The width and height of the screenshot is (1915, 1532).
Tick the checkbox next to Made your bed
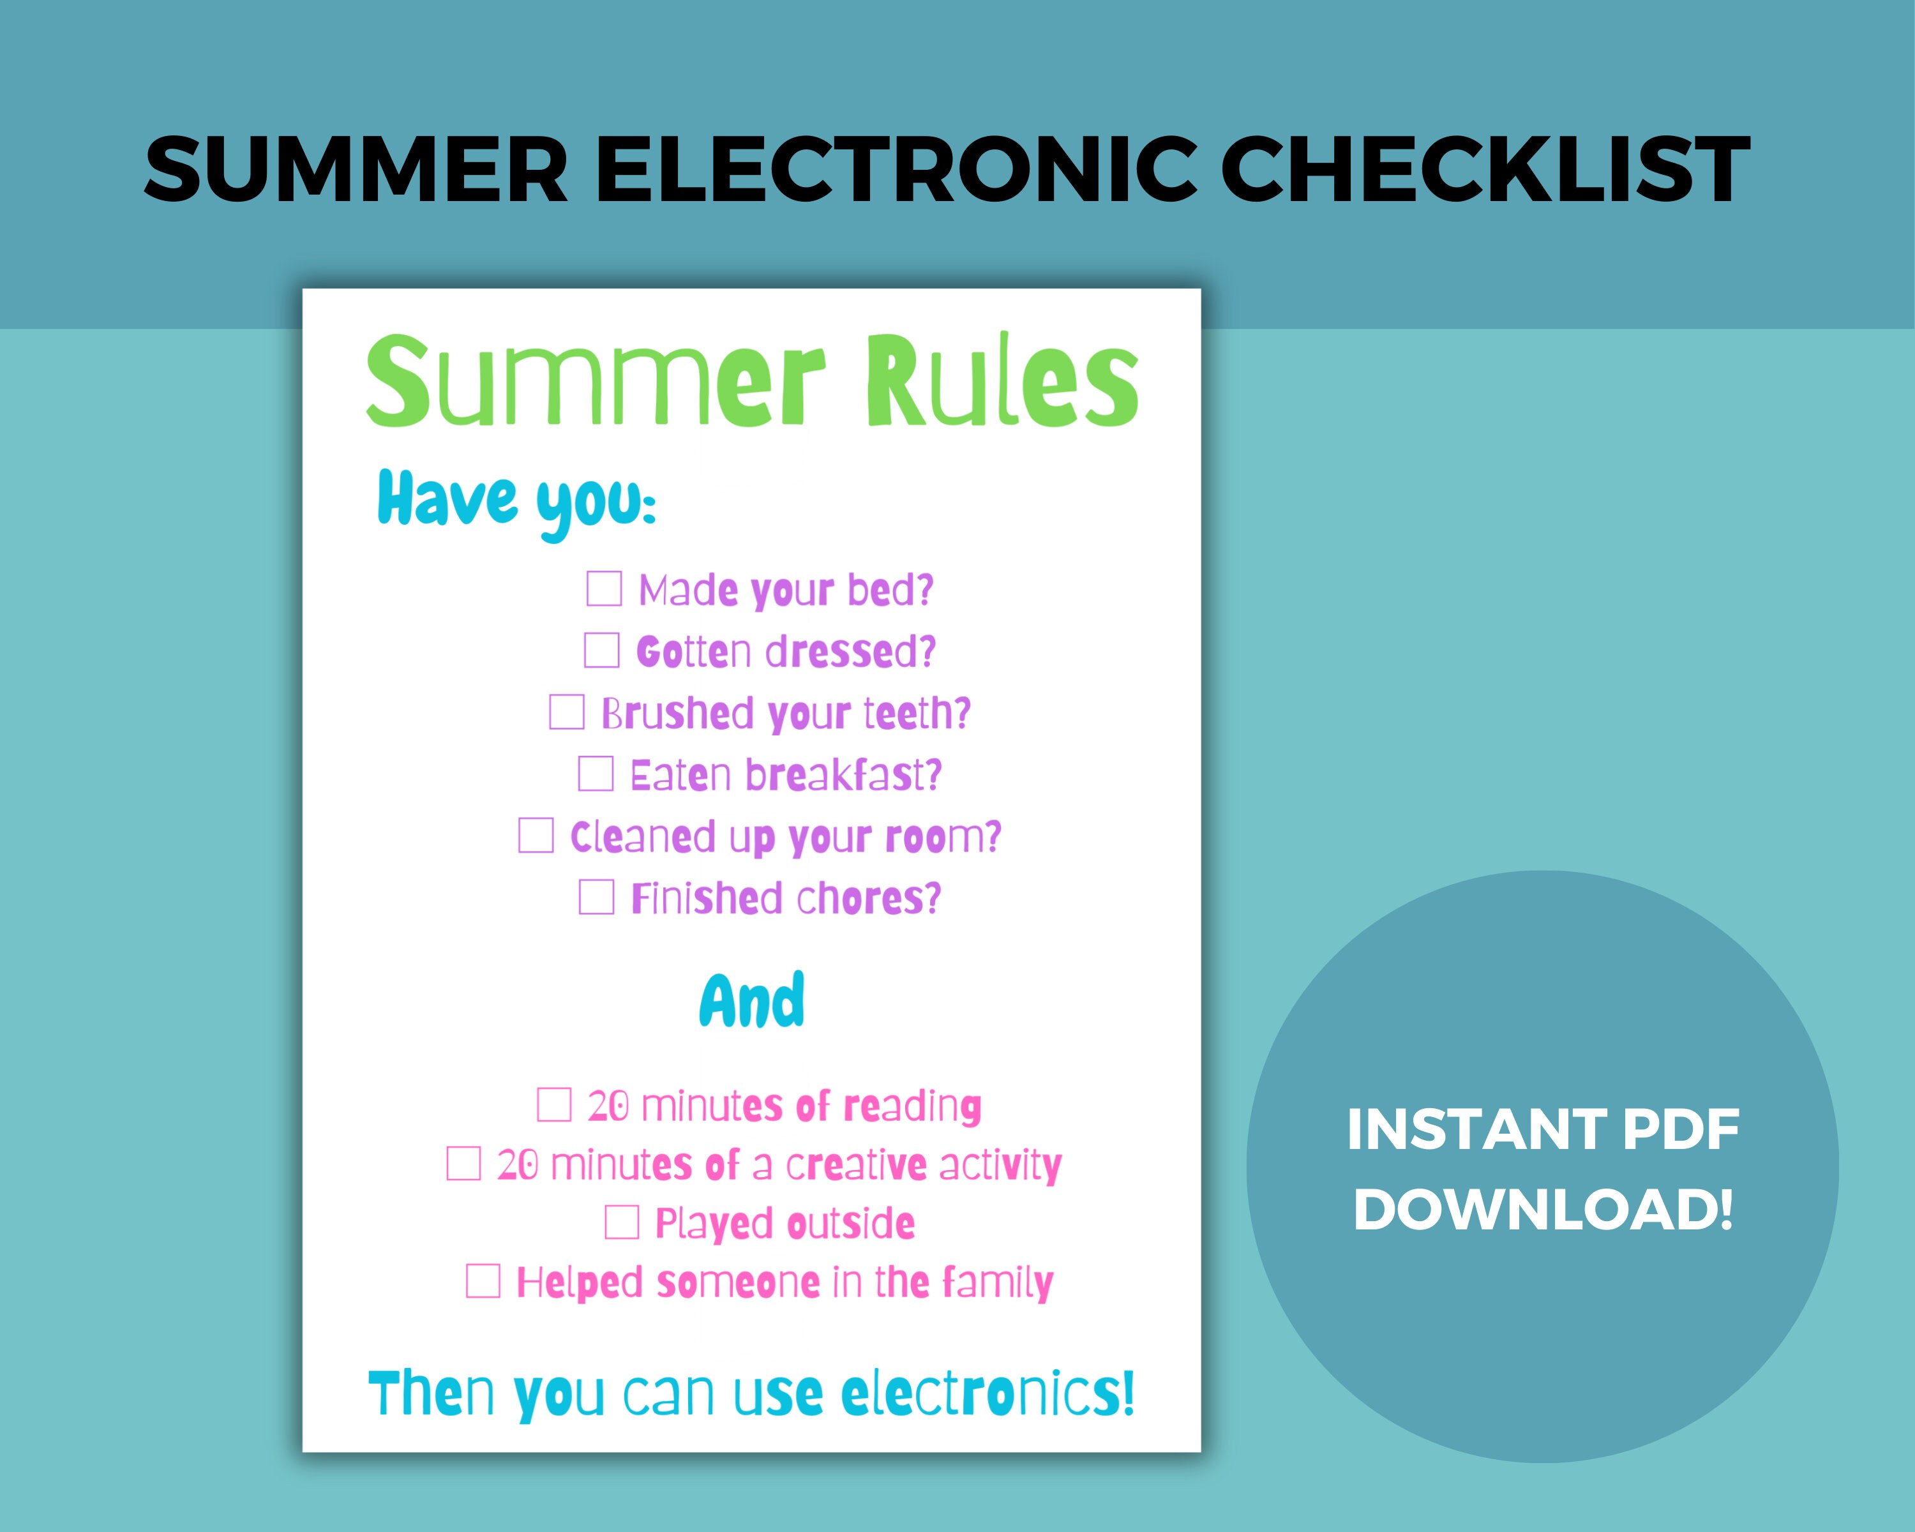(x=604, y=589)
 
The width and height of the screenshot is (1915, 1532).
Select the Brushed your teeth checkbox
(x=567, y=712)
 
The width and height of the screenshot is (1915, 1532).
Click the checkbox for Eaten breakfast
(x=596, y=774)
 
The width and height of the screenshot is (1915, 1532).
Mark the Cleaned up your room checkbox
(x=536, y=836)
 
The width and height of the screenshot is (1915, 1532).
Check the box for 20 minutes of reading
(x=554, y=1105)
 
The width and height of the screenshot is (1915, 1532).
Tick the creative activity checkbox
(x=463, y=1164)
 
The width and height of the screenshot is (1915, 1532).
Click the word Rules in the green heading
(x=1002, y=382)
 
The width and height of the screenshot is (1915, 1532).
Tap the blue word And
(x=753, y=1001)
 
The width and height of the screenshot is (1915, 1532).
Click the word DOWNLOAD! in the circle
(x=1543, y=1209)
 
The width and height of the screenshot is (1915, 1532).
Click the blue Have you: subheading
(x=516, y=502)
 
